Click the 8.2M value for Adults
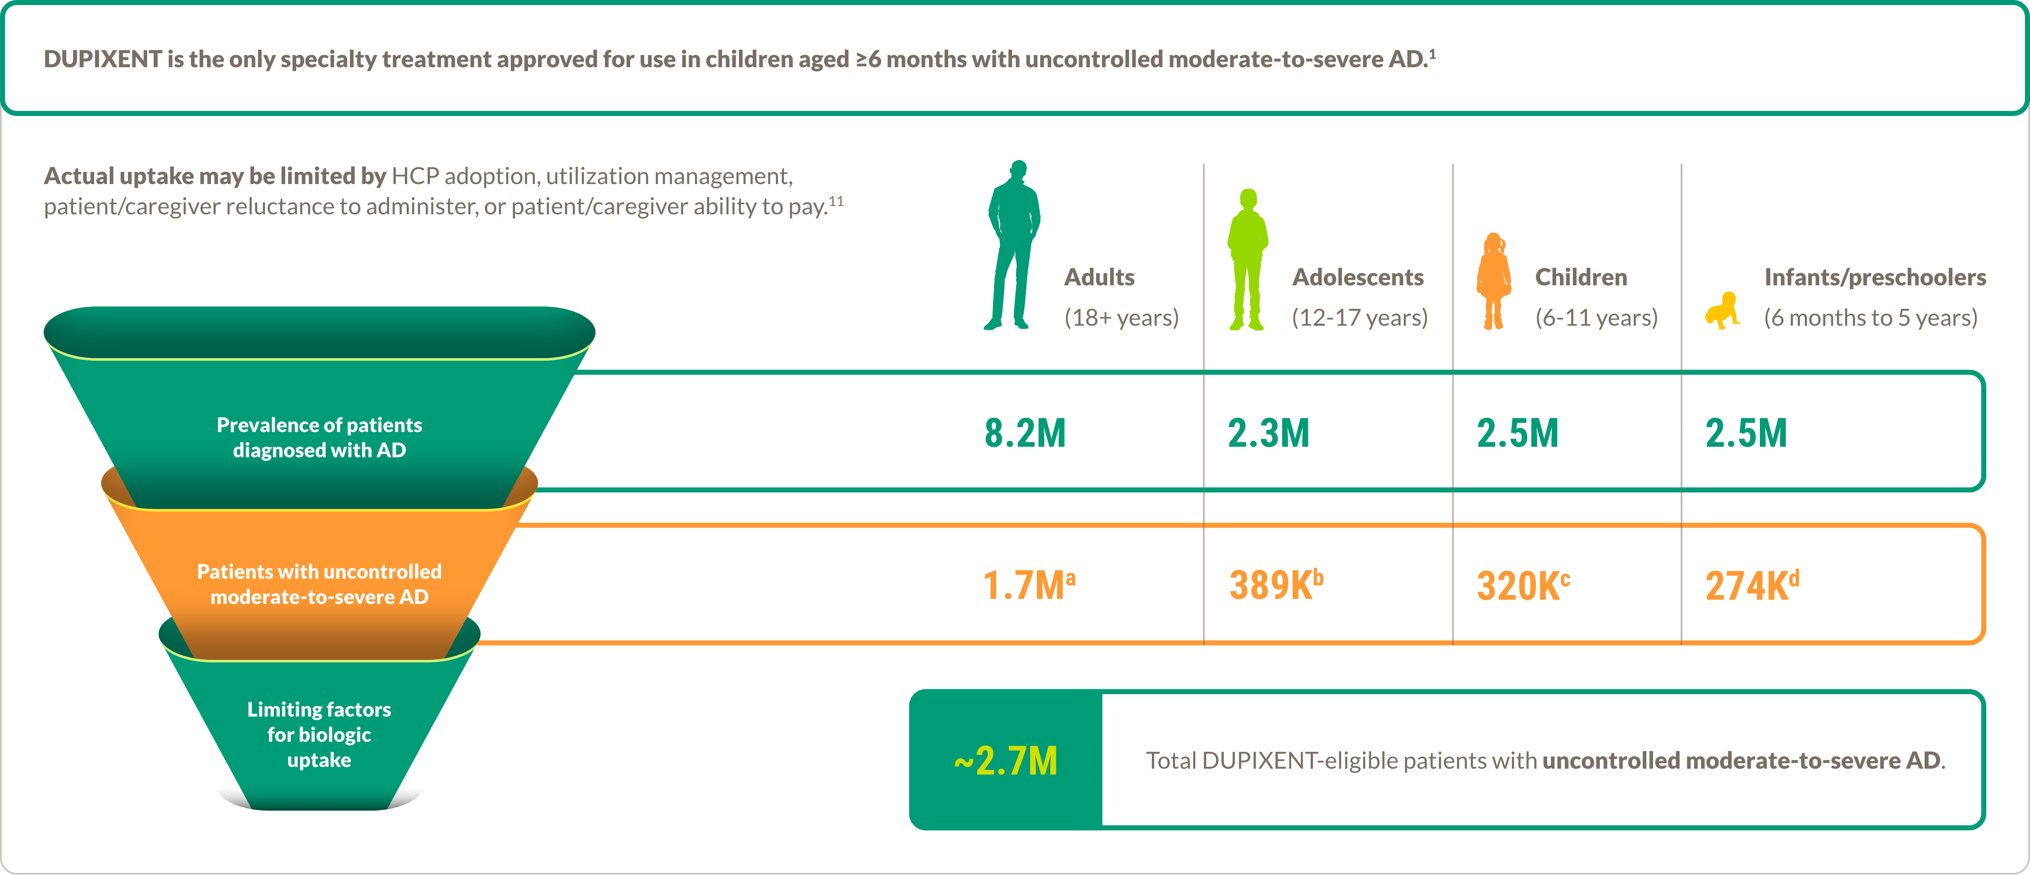coord(1025,434)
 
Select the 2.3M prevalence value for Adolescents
coord(1268,434)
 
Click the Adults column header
coord(1099,277)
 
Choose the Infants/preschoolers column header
coord(1875,277)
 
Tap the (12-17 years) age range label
coord(1359,318)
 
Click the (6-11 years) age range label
coord(1596,318)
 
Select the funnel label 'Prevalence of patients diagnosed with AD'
coord(319,437)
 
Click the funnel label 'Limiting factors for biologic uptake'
coord(319,735)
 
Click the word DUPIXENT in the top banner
coord(103,59)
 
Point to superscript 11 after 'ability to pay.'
coord(836,201)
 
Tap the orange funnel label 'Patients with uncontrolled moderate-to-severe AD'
coord(319,584)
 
